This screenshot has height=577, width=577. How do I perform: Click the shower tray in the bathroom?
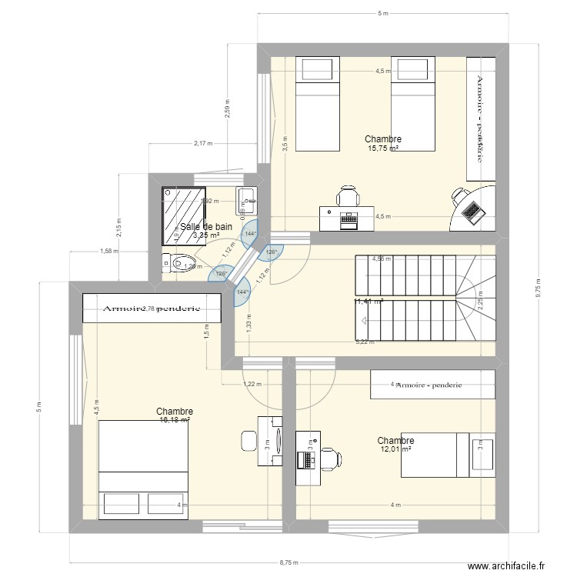[x=184, y=210]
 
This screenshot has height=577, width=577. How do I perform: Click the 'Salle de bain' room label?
[x=205, y=227]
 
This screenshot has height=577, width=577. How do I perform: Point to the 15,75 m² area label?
[x=383, y=149]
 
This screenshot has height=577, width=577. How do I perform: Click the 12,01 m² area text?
[x=395, y=450]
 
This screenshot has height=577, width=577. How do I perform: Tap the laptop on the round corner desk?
[x=470, y=208]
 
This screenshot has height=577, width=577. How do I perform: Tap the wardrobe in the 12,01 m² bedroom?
[x=432, y=385]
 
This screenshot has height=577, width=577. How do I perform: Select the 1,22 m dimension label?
[x=252, y=384]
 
